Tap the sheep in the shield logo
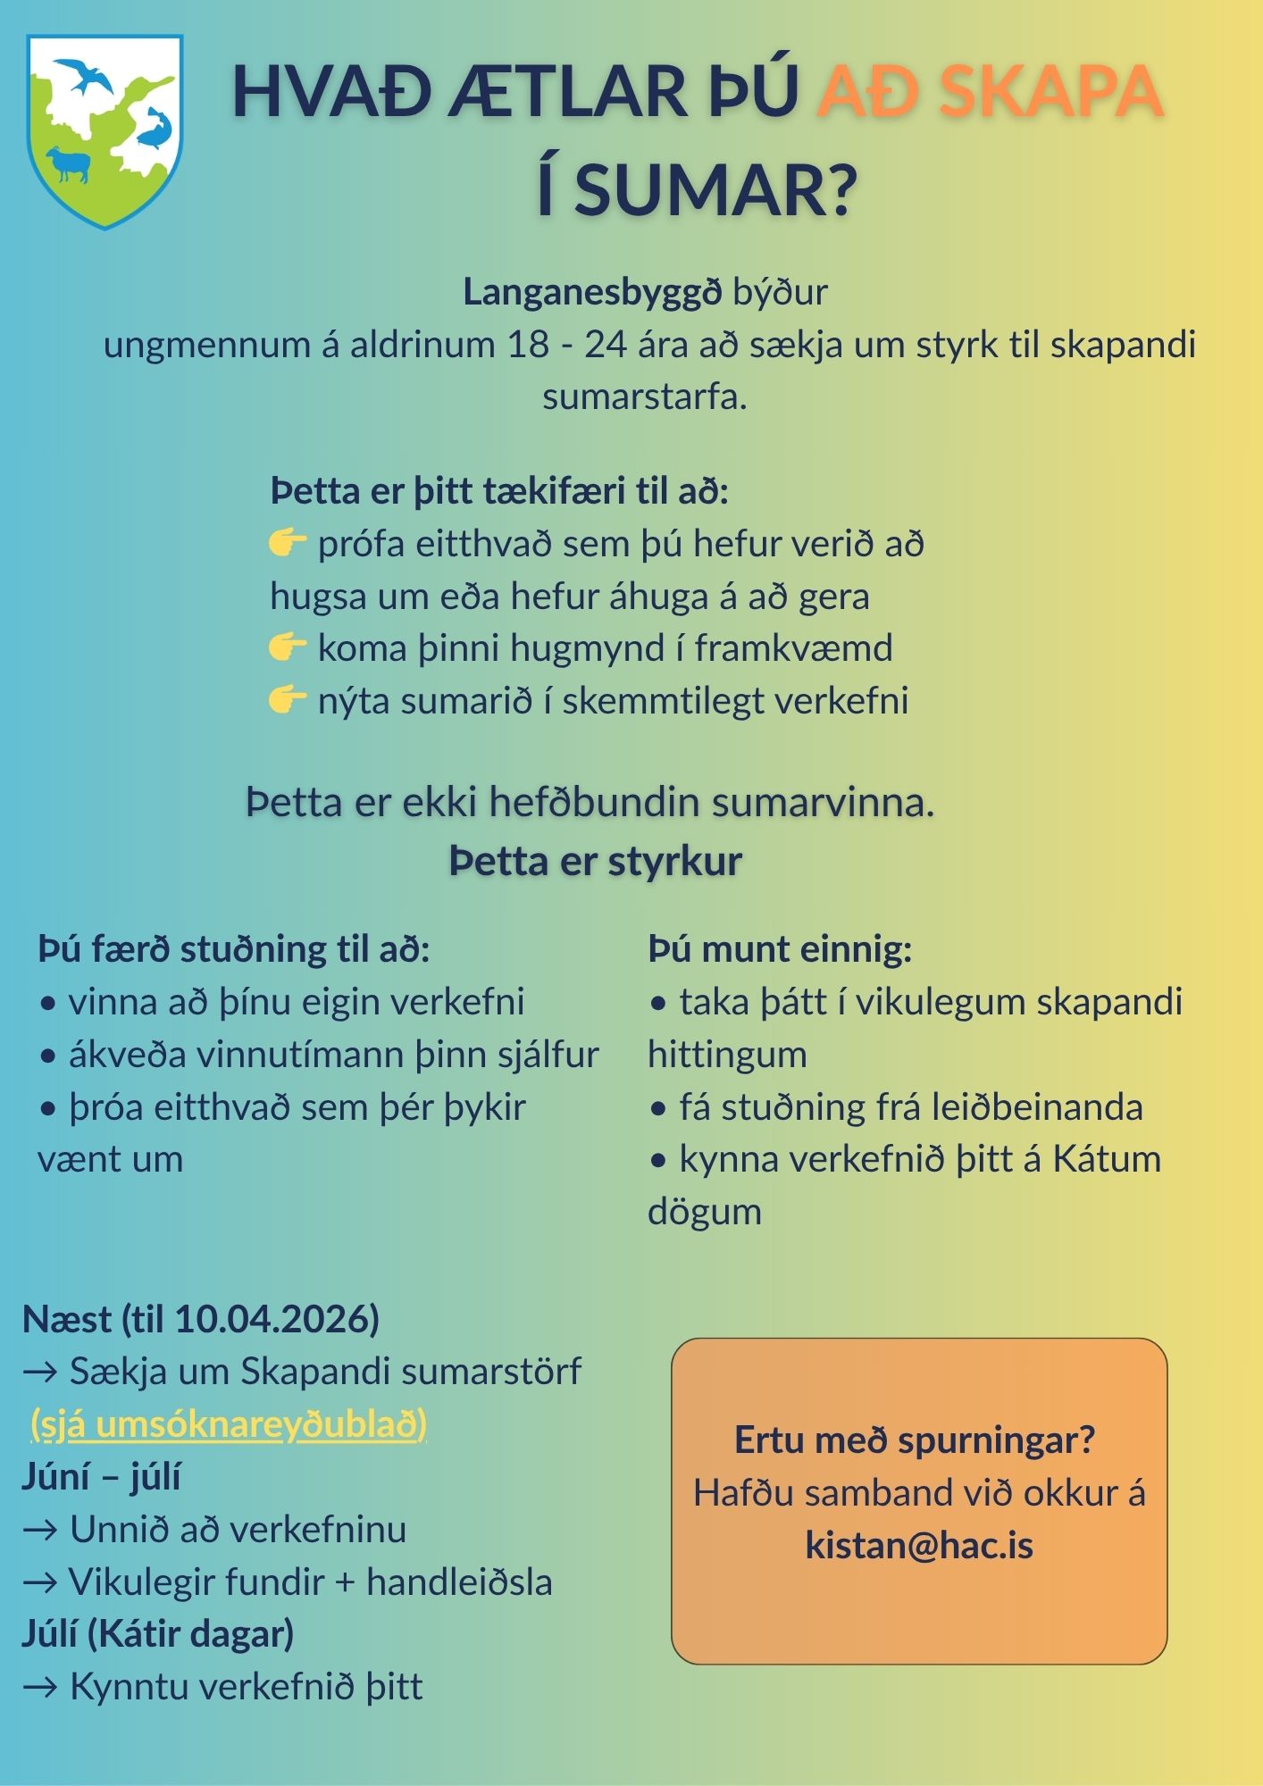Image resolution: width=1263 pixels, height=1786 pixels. click(69, 164)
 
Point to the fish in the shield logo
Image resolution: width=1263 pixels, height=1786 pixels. click(154, 129)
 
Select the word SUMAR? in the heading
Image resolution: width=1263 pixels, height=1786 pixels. click(715, 190)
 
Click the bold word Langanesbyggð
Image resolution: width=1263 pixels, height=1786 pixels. click(592, 292)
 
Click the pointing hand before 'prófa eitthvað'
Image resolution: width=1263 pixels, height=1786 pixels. click(288, 543)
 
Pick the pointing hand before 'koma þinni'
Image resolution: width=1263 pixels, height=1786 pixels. click(288, 647)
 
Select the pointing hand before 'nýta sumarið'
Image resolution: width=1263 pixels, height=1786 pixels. click(288, 700)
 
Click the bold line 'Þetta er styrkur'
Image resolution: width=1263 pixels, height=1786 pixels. click(596, 861)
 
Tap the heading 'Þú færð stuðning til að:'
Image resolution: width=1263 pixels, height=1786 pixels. click(234, 948)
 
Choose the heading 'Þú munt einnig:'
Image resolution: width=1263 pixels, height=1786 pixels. click(780, 948)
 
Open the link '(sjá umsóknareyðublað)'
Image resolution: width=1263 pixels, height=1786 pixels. click(229, 1423)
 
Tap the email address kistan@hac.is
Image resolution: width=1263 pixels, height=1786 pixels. click(919, 1545)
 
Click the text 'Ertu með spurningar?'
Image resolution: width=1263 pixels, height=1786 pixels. click(915, 1440)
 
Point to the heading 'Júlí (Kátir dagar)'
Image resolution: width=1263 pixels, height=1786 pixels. click(158, 1633)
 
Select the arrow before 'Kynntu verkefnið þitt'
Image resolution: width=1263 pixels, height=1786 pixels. click(41, 1687)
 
